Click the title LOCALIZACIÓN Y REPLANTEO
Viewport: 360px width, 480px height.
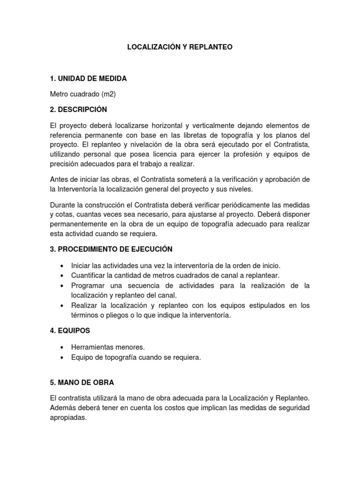point(180,47)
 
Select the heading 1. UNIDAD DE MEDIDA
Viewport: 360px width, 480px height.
point(88,78)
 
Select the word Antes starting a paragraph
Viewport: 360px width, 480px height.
point(59,180)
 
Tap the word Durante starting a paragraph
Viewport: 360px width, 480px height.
point(62,205)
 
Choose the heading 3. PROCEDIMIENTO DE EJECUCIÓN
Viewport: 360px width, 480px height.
point(111,249)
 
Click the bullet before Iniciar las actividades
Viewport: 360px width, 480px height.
point(62,266)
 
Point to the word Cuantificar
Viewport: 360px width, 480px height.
point(89,275)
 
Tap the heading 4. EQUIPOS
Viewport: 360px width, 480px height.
point(70,330)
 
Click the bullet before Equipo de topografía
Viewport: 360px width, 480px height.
point(62,358)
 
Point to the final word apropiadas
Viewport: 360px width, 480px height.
point(68,418)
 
